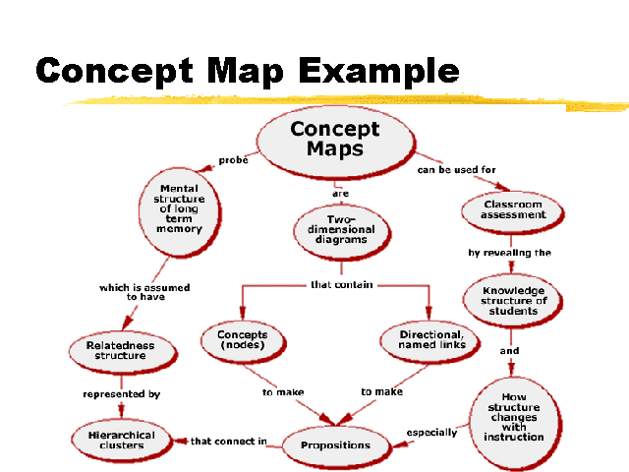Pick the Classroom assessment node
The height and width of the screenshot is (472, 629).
point(512,209)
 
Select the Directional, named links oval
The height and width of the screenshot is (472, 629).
point(430,340)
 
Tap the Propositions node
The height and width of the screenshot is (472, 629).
point(335,444)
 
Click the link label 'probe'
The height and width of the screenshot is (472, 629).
point(233,160)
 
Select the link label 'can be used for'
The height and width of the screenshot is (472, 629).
point(455,169)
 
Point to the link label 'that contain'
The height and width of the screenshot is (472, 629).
point(341,284)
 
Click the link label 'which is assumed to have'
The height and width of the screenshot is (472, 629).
point(144,292)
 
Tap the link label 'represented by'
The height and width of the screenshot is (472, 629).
point(121,394)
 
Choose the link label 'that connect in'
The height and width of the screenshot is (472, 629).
point(228,442)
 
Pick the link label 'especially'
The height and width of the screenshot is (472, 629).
point(431,432)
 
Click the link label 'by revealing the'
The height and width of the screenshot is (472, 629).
point(509,253)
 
